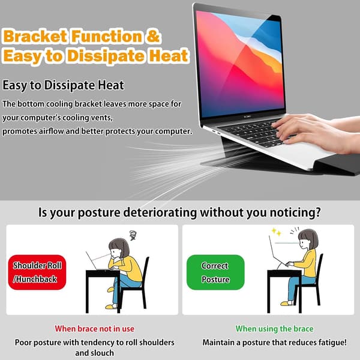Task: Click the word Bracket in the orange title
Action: [x=35, y=36]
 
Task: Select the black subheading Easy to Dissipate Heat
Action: [x=64, y=85]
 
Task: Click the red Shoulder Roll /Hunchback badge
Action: [x=37, y=272]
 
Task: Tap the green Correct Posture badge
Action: [x=215, y=272]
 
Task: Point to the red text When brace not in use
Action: [x=94, y=329]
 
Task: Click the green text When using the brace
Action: [x=274, y=329]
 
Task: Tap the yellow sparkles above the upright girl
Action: [x=277, y=232]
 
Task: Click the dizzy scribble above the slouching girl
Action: [x=133, y=235]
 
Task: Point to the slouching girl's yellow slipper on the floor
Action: [x=111, y=306]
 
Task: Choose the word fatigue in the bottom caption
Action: [x=332, y=343]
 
